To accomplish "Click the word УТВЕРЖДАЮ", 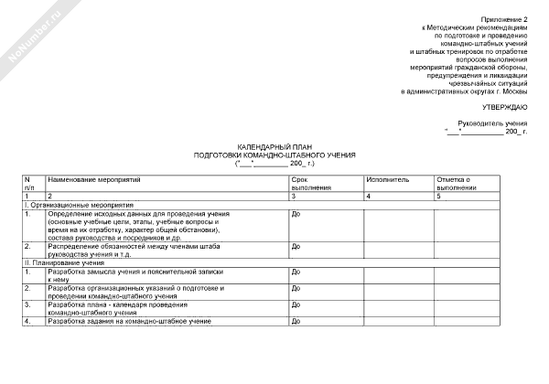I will click(x=506, y=107).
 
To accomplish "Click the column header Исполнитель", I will click(x=384, y=179).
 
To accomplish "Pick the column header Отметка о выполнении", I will click(x=457, y=183).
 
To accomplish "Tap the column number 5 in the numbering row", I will click(x=439, y=197).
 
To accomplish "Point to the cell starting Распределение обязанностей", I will click(x=137, y=250).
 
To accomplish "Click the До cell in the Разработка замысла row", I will click(x=296, y=272).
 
